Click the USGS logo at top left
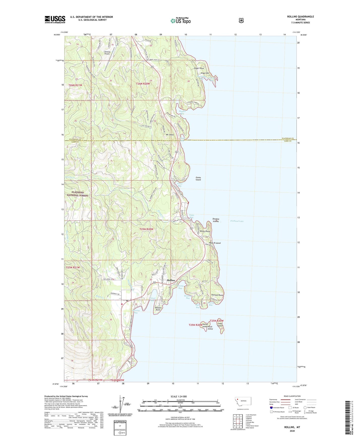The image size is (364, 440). pyautogui.click(x=55, y=19)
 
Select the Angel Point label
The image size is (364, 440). pyautogui.click(x=199, y=68)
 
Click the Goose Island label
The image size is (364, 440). pyautogui.click(x=198, y=178)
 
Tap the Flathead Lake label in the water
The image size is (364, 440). pyautogui.click(x=237, y=221)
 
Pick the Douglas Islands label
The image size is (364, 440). pyautogui.click(x=216, y=220)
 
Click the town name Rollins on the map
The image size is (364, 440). pyautogui.click(x=171, y=280)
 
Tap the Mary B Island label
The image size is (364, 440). pyautogui.click(x=214, y=243)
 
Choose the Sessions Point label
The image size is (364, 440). pyautogui.click(x=158, y=309)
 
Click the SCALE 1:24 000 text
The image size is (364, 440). pyautogui.click(x=179, y=396)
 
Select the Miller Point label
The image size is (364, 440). pyautogui.click(x=205, y=231)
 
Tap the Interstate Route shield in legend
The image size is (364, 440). pyautogui.click(x=271, y=407)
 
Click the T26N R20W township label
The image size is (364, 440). pyautogui.click(x=143, y=84)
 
